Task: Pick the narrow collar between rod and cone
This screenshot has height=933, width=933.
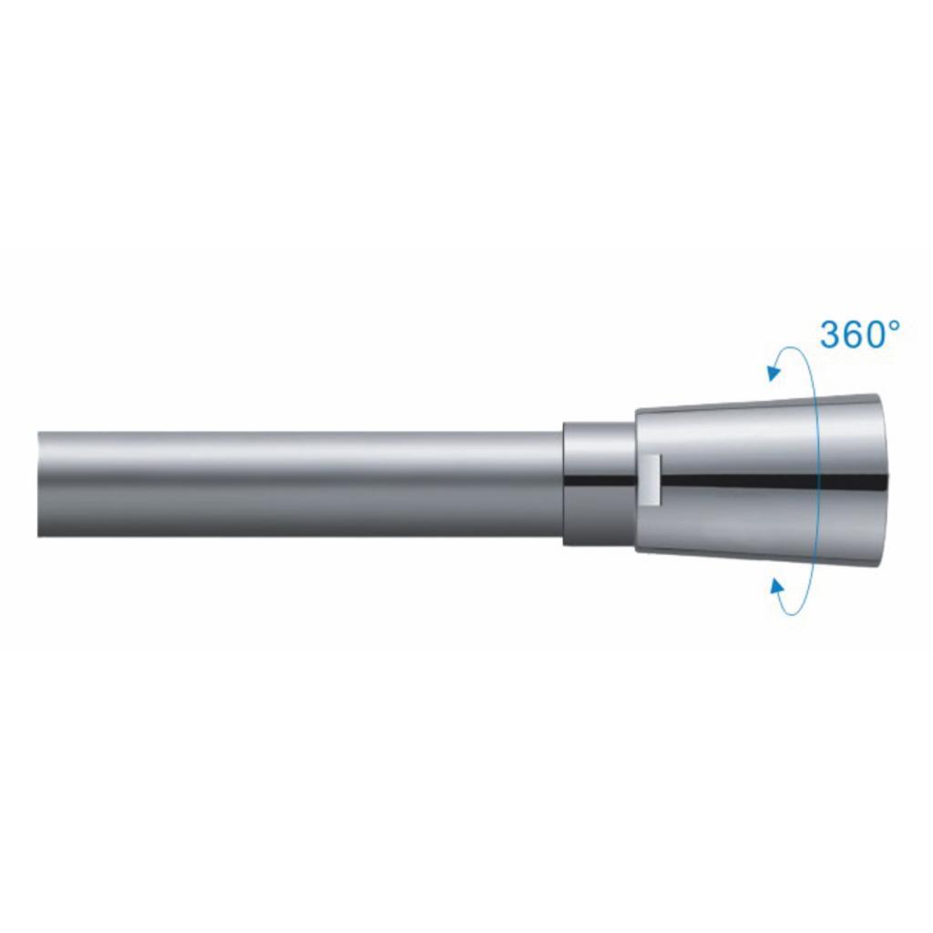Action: point(600,483)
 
